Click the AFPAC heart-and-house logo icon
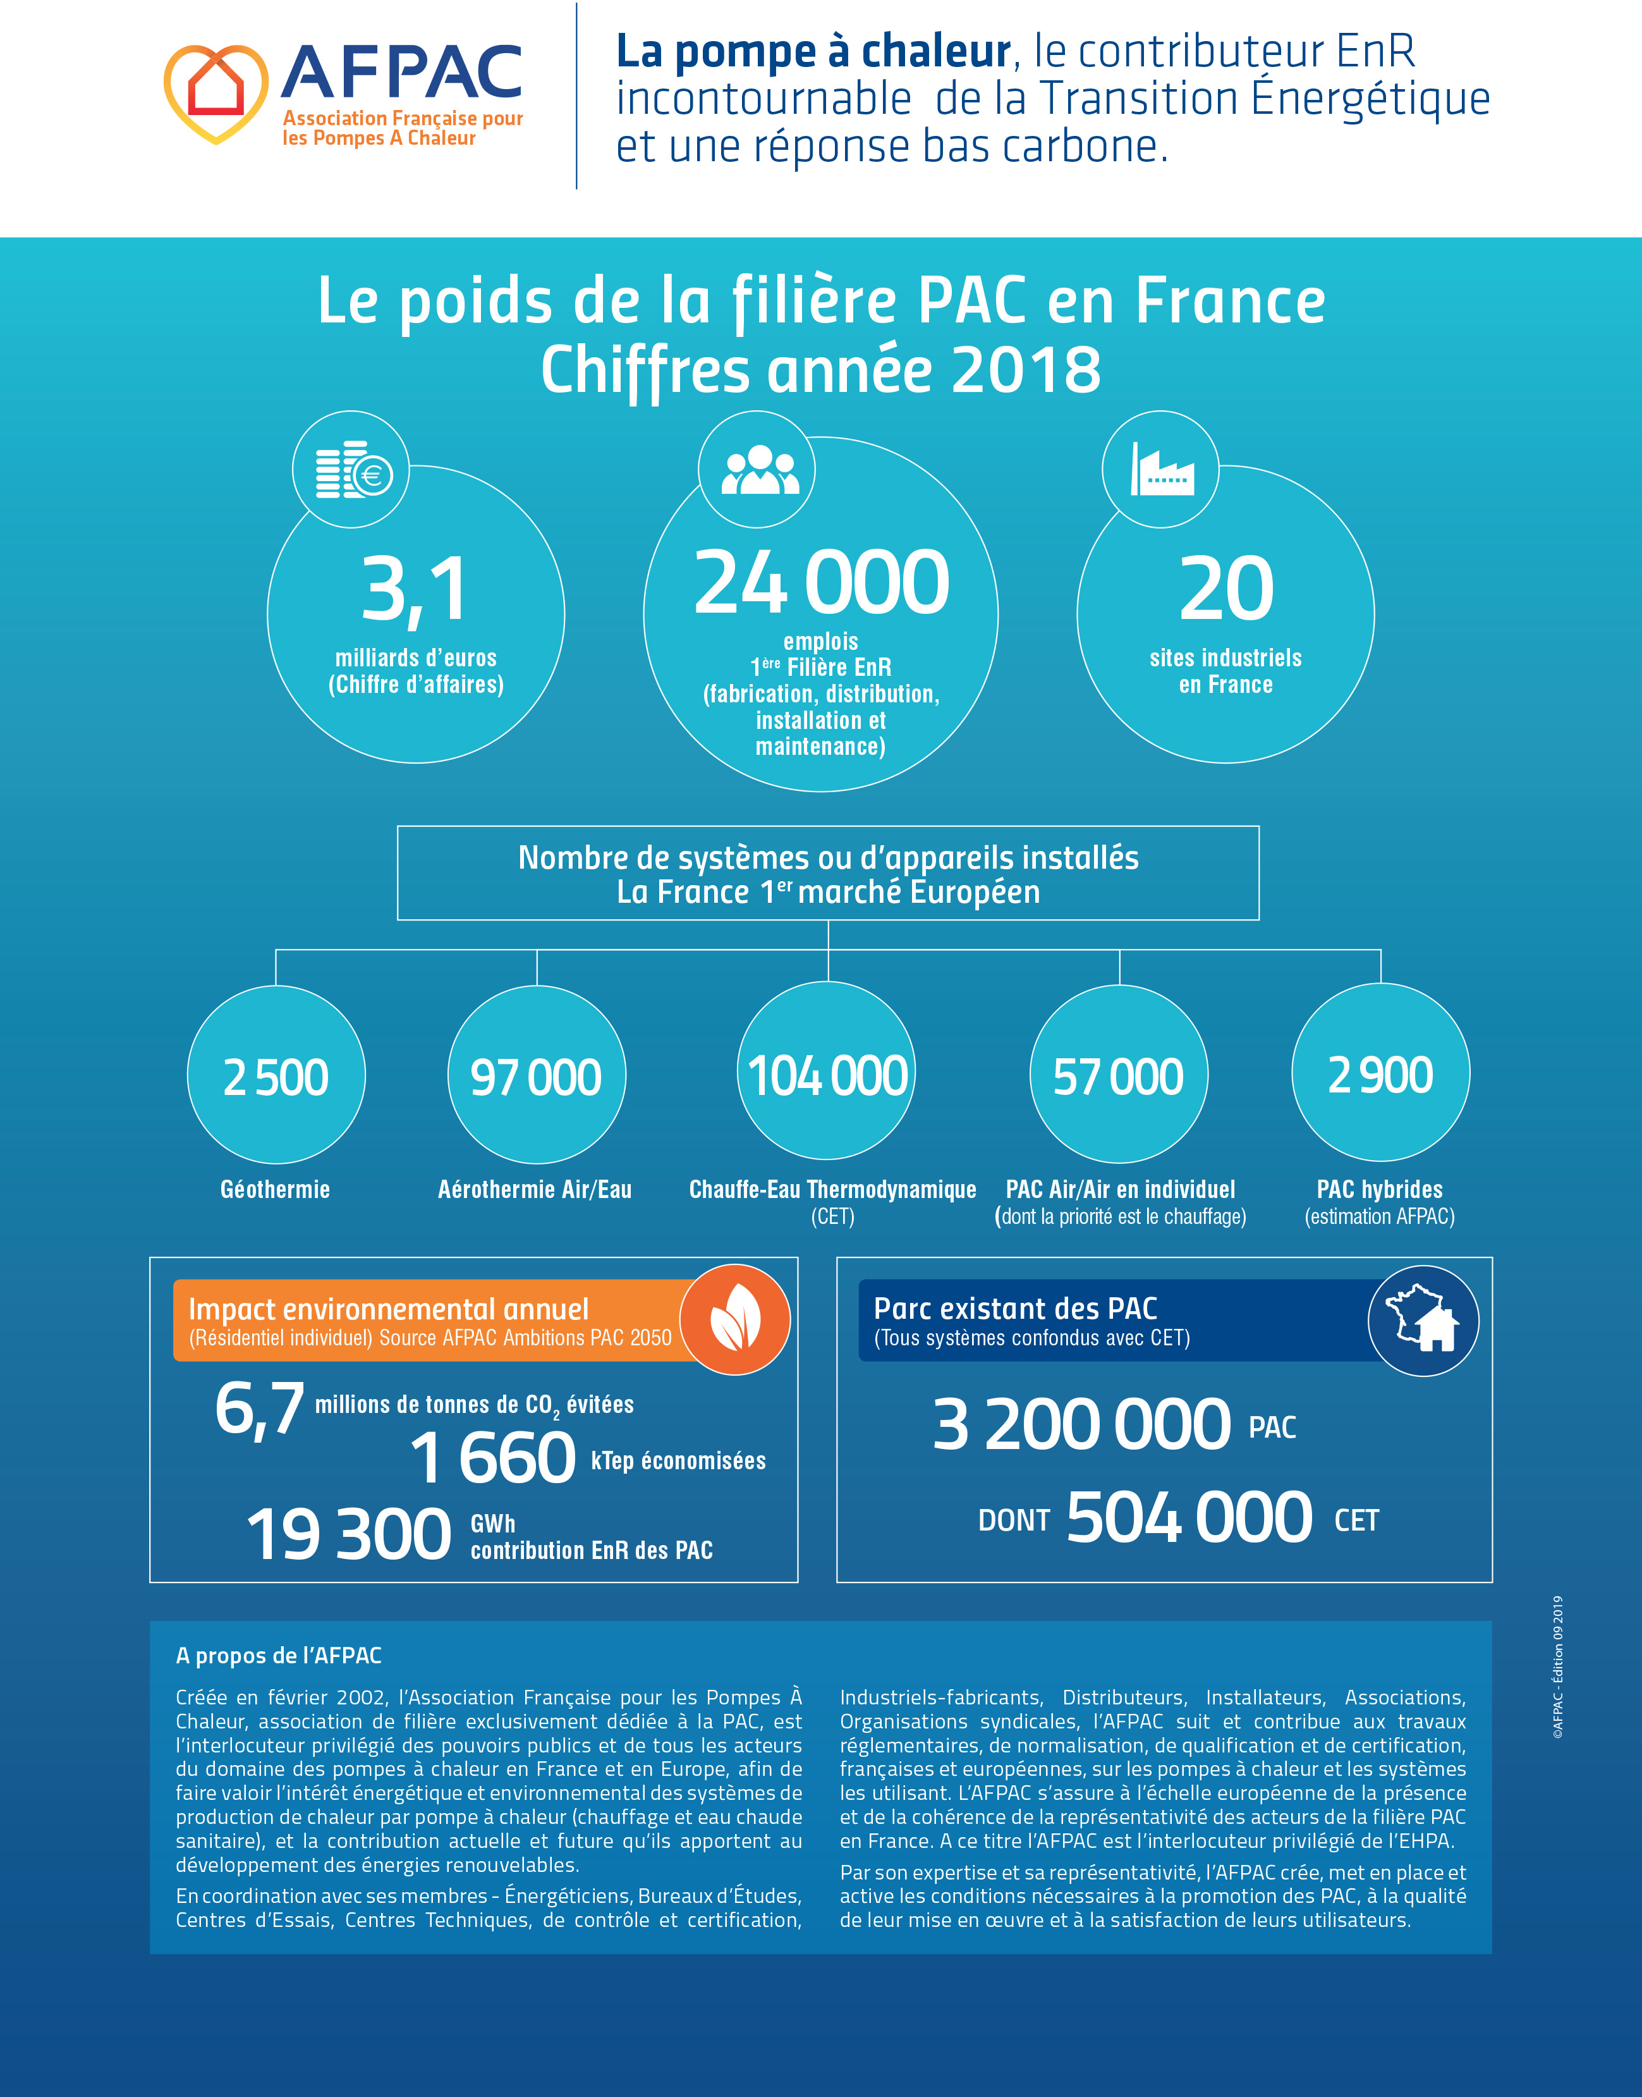point(216,92)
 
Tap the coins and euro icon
point(352,470)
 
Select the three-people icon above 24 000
point(758,470)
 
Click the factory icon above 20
point(1161,470)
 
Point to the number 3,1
point(415,589)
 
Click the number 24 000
point(821,583)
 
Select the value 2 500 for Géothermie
point(276,1077)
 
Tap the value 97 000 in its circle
point(537,1077)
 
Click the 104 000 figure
point(828,1075)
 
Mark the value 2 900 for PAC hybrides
point(1380,1075)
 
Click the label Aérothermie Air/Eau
point(535,1189)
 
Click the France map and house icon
point(1423,1320)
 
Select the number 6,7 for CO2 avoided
point(260,1409)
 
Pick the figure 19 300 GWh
point(349,1534)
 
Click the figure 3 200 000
point(1081,1424)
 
